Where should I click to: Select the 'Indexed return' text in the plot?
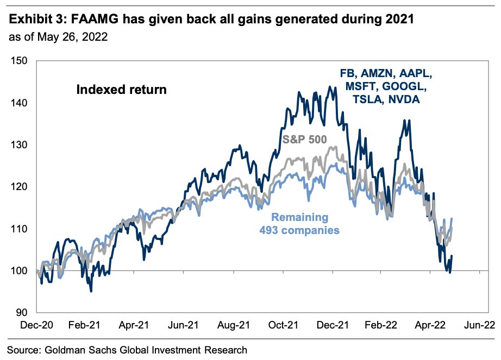pos(120,89)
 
